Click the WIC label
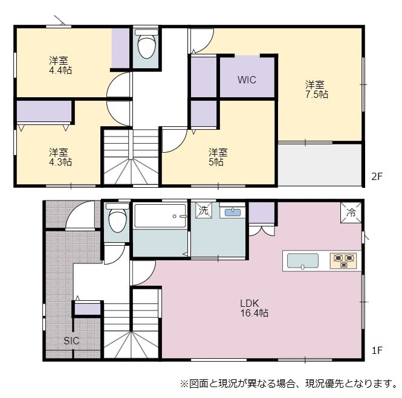[247, 80]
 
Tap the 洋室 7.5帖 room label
[316, 89]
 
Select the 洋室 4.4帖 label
[60, 65]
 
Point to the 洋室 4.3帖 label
[60, 157]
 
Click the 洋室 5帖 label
[218, 157]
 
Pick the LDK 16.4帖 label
[254, 308]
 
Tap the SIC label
[71, 341]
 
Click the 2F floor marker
[377, 176]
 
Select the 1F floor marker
[377, 350]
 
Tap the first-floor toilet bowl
[117, 218]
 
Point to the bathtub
[160, 216]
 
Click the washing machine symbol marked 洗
[204, 211]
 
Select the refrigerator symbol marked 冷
[351, 213]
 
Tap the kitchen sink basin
[303, 261]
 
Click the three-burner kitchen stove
[343, 261]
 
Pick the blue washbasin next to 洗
[233, 213]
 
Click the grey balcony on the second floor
[320, 165]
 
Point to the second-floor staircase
[131, 157]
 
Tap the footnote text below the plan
[288, 384]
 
